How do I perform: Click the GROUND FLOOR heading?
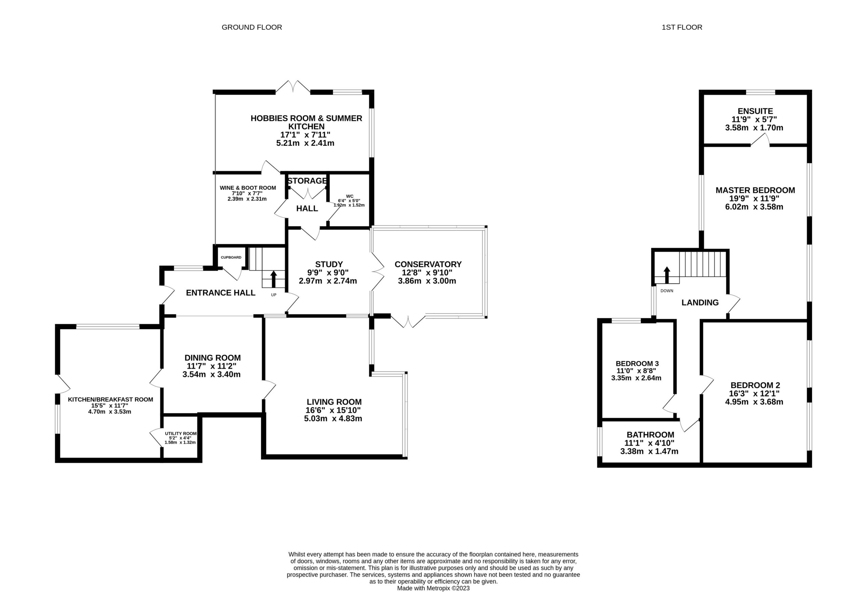pyautogui.click(x=252, y=27)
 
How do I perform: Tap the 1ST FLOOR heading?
pyautogui.click(x=682, y=27)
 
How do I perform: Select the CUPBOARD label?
pyautogui.click(x=231, y=257)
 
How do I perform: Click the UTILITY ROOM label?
pyautogui.click(x=181, y=434)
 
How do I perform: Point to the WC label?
pyautogui.click(x=350, y=196)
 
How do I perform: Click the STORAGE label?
pyautogui.click(x=307, y=181)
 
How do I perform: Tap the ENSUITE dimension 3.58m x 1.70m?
pyautogui.click(x=754, y=128)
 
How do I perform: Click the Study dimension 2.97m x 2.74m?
pyautogui.click(x=328, y=281)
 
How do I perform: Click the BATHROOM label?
pyautogui.click(x=650, y=435)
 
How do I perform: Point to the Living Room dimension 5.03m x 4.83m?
pyautogui.click(x=333, y=418)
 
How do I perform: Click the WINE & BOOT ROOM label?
pyautogui.click(x=248, y=188)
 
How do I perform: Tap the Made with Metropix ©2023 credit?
pyautogui.click(x=433, y=588)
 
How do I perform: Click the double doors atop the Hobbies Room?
pyautogui.click(x=293, y=86)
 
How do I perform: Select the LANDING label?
pyautogui.click(x=700, y=302)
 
